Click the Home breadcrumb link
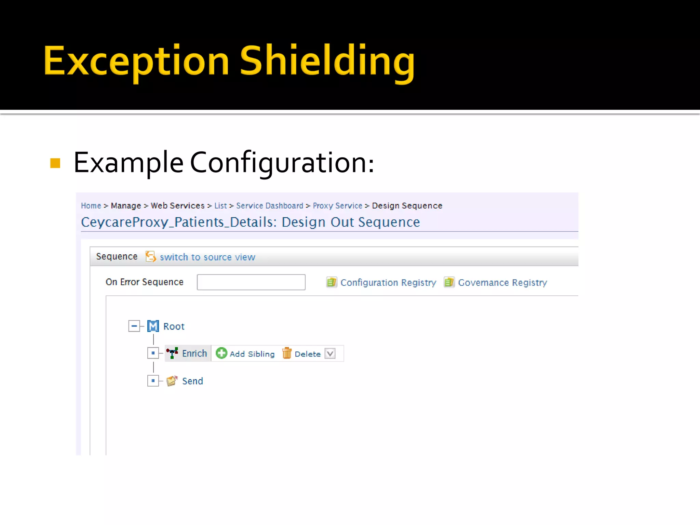click(x=91, y=206)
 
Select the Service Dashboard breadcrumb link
click(x=269, y=206)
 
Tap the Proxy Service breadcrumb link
click(x=337, y=206)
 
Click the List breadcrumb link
click(x=220, y=206)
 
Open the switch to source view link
click(x=207, y=257)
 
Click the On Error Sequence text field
click(x=251, y=282)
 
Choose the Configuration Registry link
click(x=388, y=283)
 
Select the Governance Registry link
click(x=502, y=283)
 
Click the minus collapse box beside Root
click(x=134, y=326)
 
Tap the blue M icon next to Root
click(x=153, y=326)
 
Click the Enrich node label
click(x=194, y=353)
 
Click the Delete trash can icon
click(x=287, y=353)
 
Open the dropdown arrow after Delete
click(x=330, y=353)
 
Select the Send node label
click(x=192, y=381)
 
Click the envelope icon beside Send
click(x=172, y=381)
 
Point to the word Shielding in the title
click(x=327, y=62)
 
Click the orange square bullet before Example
click(x=55, y=163)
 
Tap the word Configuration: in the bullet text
click(x=282, y=163)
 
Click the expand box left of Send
click(x=153, y=381)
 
